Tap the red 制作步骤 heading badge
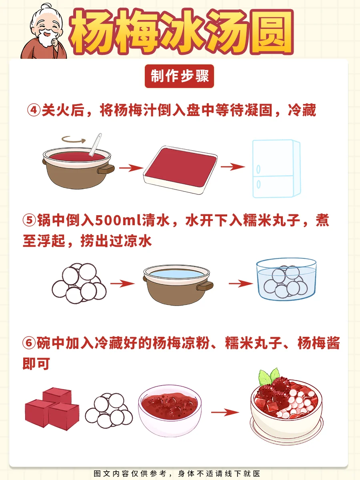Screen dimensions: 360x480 (179, 76)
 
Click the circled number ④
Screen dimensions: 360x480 (34, 110)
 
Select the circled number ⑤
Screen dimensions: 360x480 (29, 220)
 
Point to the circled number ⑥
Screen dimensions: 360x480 (29, 343)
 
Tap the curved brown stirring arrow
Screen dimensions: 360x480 (74, 140)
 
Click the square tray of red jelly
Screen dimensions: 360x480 (180, 170)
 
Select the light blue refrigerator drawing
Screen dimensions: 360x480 (276, 169)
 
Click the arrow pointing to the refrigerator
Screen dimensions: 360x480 (233, 167)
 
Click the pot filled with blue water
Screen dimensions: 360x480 (178, 285)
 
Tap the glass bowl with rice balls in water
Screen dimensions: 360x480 (286, 280)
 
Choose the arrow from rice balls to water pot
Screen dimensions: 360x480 (122, 284)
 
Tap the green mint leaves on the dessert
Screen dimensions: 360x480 (269, 377)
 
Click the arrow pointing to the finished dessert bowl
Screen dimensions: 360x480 (225, 412)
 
